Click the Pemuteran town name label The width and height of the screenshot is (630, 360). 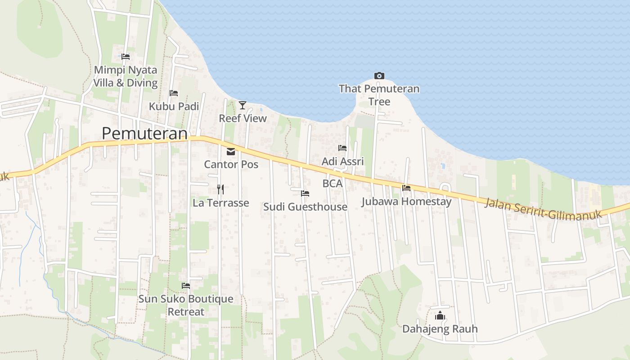(144, 134)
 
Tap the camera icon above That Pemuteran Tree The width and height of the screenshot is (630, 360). (379, 76)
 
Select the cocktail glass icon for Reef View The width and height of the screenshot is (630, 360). (243, 105)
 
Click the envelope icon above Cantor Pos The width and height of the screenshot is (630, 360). (231, 151)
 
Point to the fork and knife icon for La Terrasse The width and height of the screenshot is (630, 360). (220, 189)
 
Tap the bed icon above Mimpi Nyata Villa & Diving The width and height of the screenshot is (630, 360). (126, 57)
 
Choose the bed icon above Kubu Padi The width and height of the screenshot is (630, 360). (174, 93)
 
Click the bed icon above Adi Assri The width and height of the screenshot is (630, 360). (342, 148)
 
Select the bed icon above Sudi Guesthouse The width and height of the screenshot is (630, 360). (305, 193)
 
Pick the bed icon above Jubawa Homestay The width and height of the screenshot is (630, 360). (406, 188)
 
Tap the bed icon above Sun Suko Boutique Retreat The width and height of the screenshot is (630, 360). (186, 285)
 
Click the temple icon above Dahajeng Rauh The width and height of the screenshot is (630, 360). (440, 316)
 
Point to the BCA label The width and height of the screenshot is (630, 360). (333, 184)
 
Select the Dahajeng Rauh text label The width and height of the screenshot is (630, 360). (440, 329)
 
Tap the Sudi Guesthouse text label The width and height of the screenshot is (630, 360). (305, 207)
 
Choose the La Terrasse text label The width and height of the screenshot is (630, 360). (220, 203)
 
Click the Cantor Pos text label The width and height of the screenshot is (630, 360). (231, 164)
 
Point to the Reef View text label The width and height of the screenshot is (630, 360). (243, 118)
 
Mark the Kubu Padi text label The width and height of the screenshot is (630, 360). (174, 106)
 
